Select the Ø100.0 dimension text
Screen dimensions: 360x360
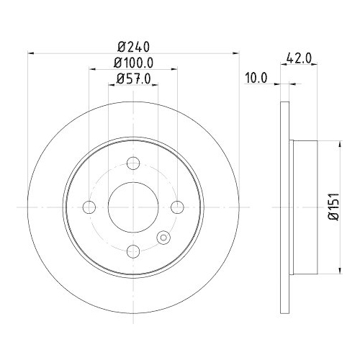click(x=133, y=63)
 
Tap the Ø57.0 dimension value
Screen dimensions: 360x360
click(x=133, y=80)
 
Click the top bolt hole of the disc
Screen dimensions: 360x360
click(x=133, y=163)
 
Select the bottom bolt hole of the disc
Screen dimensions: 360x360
click(x=133, y=251)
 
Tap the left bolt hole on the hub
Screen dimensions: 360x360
click(x=89, y=207)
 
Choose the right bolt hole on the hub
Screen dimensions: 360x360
click(x=177, y=207)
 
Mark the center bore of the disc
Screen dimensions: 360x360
click(x=133, y=207)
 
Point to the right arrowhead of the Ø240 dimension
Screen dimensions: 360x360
click(x=235, y=52)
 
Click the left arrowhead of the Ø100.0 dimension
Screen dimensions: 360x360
click(x=92, y=69)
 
